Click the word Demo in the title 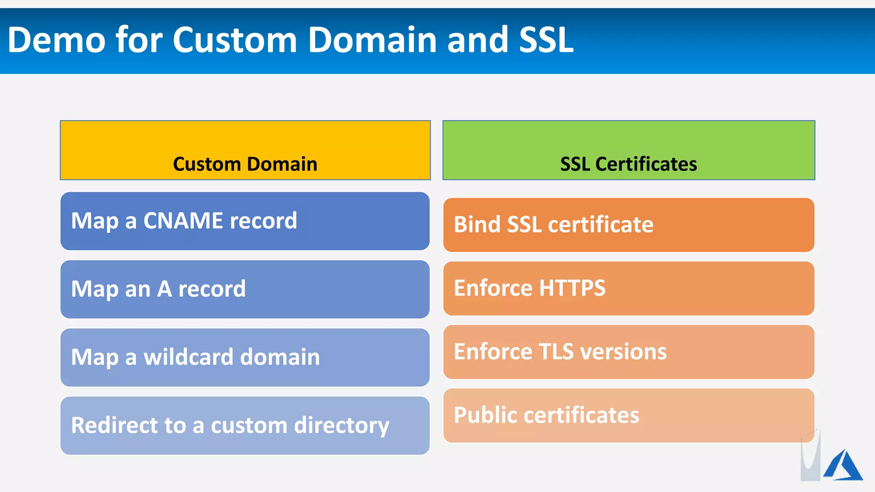click(56, 40)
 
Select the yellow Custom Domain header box click(245, 150)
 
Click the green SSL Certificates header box click(628, 150)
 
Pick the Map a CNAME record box click(245, 221)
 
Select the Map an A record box click(245, 289)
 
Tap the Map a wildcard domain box click(245, 357)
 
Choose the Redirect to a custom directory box click(245, 426)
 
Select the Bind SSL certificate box click(628, 225)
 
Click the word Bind click(477, 225)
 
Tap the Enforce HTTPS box click(628, 288)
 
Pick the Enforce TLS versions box click(628, 352)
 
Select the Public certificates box click(628, 415)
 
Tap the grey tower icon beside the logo click(810, 459)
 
